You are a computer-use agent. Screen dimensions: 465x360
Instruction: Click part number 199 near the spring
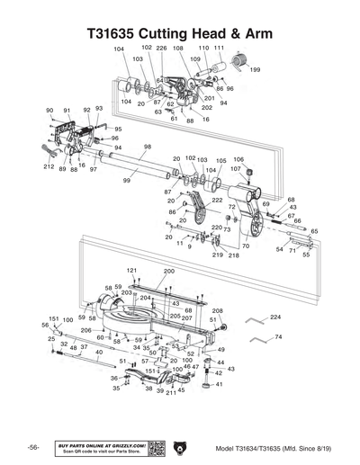(256, 69)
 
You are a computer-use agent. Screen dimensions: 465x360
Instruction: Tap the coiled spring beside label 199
(239, 59)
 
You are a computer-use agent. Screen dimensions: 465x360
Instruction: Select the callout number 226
(161, 48)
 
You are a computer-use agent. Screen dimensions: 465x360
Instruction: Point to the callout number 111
(220, 48)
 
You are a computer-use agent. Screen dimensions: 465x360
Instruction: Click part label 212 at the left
(49, 167)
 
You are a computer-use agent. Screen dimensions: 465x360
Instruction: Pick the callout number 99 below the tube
(127, 182)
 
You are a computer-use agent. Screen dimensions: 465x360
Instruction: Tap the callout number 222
(217, 201)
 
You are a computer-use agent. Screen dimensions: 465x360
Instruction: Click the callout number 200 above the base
(169, 271)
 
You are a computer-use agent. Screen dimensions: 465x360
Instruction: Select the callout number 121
(131, 270)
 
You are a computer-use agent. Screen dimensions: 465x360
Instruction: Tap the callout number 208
(217, 310)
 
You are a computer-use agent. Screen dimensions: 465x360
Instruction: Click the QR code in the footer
(154, 448)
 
